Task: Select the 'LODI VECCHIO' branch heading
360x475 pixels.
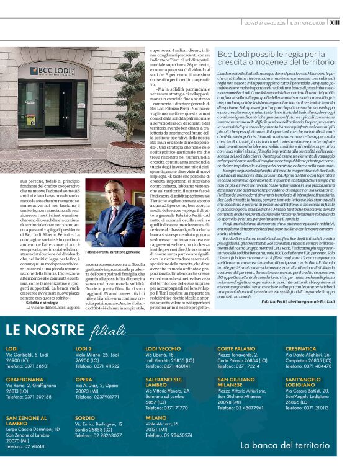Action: [163, 348]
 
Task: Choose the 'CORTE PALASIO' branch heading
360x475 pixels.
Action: [236, 348]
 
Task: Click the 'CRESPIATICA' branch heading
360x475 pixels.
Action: [301, 348]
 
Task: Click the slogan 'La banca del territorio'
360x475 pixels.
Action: [285, 445]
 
